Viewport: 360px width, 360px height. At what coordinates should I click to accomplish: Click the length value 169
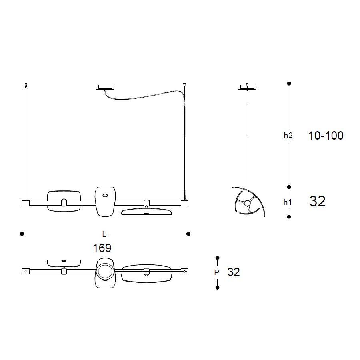102,248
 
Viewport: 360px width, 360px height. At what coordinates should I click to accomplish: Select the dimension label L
104,234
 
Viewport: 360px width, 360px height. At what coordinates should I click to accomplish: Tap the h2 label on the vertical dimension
288,136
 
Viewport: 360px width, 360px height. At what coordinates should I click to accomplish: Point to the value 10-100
326,136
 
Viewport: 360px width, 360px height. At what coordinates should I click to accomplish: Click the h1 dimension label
288,202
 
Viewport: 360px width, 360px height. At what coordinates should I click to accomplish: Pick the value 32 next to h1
318,201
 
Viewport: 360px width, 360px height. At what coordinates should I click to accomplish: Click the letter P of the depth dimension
216,272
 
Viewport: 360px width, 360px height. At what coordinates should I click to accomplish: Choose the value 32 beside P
234,272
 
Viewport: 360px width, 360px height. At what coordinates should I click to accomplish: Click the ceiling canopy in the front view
105,88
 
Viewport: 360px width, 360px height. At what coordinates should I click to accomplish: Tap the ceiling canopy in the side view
247,87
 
